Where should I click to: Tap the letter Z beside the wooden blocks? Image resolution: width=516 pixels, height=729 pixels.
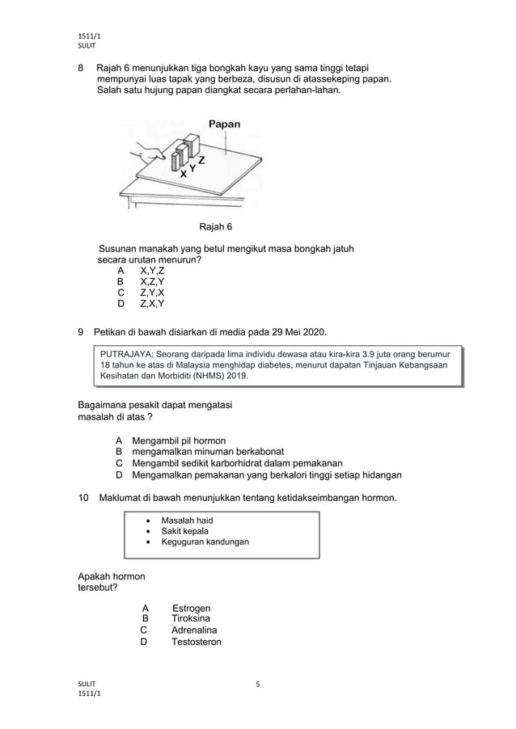pyautogui.click(x=201, y=159)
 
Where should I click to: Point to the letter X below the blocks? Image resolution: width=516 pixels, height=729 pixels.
pyautogui.click(x=184, y=174)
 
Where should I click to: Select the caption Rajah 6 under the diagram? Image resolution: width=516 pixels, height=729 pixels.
pyautogui.click(x=216, y=225)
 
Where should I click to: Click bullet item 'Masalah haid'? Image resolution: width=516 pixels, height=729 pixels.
pyautogui.click(x=187, y=520)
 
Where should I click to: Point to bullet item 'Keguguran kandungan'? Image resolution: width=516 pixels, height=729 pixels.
pyautogui.click(x=205, y=541)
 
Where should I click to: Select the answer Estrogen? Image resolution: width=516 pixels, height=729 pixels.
pyautogui.click(x=192, y=608)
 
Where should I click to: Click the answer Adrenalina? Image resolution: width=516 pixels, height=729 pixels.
pyautogui.click(x=194, y=630)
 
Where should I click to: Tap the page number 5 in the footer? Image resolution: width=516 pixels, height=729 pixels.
pyautogui.click(x=257, y=685)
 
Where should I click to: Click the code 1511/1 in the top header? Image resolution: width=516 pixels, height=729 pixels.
pyautogui.click(x=88, y=36)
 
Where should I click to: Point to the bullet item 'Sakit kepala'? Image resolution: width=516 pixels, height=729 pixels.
pyautogui.click(x=185, y=531)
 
